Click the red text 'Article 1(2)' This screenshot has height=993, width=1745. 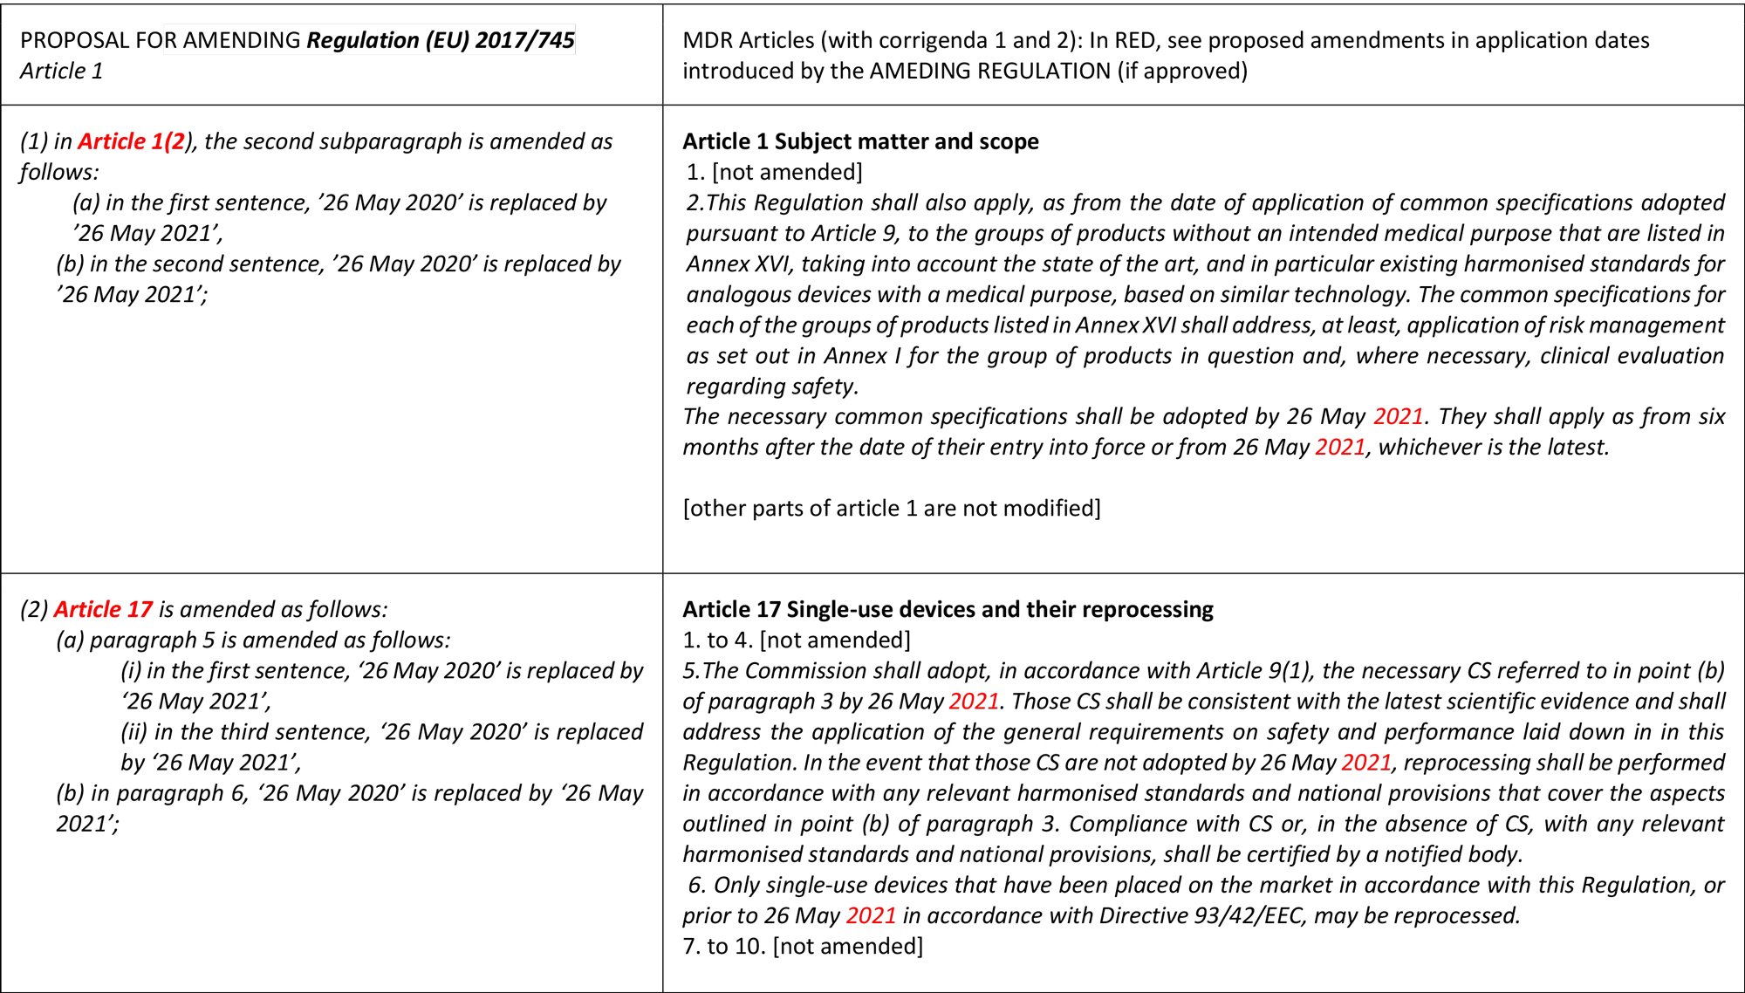132,141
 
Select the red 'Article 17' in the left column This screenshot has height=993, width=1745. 103,609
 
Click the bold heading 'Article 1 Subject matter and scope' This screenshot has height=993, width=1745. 860,141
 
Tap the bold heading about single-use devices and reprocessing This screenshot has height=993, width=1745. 948,609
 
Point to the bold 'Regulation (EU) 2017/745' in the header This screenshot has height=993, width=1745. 441,40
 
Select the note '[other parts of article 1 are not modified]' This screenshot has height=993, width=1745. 892,508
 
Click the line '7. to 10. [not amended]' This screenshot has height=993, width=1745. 803,946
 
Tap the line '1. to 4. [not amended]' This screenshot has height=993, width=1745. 797,640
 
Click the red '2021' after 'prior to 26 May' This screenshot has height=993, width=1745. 871,915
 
